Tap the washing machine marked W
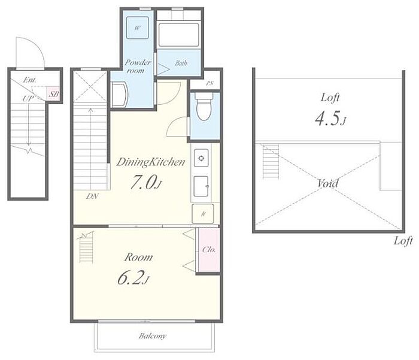[x=137, y=28]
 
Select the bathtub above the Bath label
[x=179, y=35]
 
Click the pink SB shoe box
[x=53, y=93]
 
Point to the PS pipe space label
[x=209, y=83]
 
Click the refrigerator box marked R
[x=203, y=214]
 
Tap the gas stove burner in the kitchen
[x=201, y=158]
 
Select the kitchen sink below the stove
[x=201, y=186]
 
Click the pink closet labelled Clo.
[x=209, y=250]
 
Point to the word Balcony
[x=152, y=336]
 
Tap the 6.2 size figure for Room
[x=133, y=277]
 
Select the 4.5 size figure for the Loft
[x=330, y=119]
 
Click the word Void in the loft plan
[x=328, y=183]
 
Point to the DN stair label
[x=92, y=196]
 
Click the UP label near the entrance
[x=28, y=99]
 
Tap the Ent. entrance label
[x=30, y=80]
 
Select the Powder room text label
[x=137, y=66]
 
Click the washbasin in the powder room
[x=119, y=95]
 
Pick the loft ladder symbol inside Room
[x=86, y=248]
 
